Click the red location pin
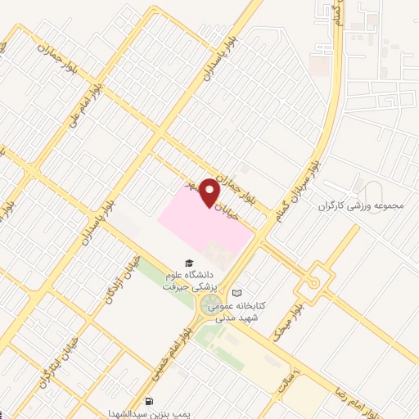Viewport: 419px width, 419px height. (x=209, y=191)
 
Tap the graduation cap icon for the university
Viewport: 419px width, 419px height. (x=190, y=264)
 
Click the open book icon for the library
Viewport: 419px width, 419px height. (x=237, y=292)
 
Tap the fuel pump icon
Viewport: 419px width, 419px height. (x=149, y=402)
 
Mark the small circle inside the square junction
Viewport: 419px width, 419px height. (x=313, y=283)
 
